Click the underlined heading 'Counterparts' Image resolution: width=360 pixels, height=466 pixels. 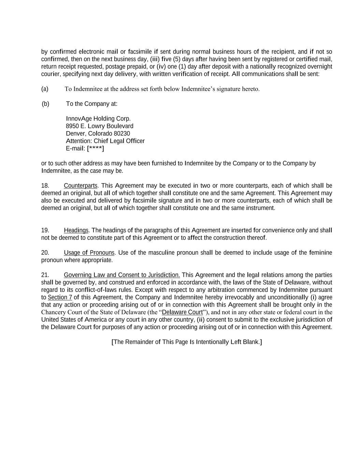81,186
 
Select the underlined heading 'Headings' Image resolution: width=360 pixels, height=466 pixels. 76,230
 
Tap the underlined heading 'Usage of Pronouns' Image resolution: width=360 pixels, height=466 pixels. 89,253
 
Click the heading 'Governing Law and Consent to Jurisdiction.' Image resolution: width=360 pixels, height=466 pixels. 122,275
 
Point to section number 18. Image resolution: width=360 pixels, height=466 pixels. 45,186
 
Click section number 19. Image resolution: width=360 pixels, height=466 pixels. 45,230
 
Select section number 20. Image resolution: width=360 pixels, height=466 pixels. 45,253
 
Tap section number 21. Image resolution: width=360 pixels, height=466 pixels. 45,275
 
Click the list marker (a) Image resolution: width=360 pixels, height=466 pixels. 45,89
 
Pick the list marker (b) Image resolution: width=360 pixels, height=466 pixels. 45,104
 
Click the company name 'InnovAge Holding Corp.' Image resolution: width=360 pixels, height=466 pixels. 98,119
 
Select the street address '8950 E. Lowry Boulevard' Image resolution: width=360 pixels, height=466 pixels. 100,126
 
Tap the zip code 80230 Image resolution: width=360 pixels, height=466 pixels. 122,133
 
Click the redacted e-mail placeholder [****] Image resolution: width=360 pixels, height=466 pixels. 96,149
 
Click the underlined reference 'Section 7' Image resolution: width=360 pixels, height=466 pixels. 60,297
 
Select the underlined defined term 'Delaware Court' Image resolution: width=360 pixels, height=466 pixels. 182,312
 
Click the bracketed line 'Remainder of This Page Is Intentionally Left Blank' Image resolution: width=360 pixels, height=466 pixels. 187,342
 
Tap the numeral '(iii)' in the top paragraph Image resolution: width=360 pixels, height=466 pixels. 155,59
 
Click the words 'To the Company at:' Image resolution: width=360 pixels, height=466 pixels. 92,104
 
